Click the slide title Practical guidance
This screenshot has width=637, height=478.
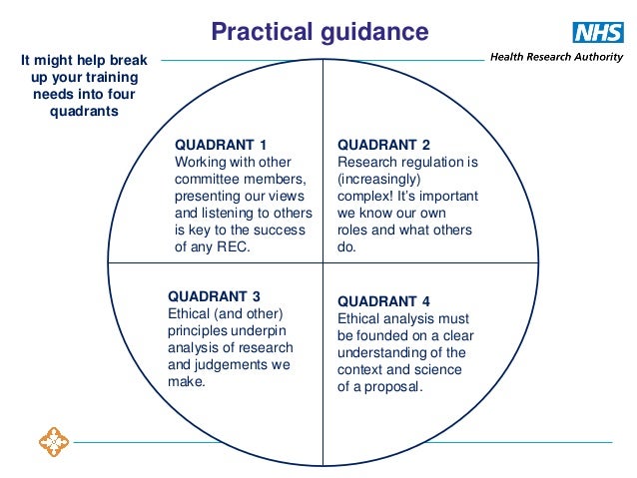pyautogui.click(x=318, y=32)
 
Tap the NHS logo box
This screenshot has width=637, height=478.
pyautogui.click(x=598, y=32)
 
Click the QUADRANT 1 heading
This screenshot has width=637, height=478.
pyautogui.click(x=221, y=144)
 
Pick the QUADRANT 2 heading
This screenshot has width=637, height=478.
pyautogui.click(x=384, y=144)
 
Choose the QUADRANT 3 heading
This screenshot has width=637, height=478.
pyautogui.click(x=215, y=296)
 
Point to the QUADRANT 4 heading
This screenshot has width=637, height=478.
pyautogui.click(x=384, y=300)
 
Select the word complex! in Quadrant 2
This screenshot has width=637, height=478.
pyautogui.click(x=367, y=197)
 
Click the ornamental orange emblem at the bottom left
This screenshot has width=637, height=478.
pyautogui.click(x=51, y=440)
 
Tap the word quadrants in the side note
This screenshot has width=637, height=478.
pyautogui.click(x=84, y=111)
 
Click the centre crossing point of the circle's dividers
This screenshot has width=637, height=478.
pyautogui.click(x=322, y=262)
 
